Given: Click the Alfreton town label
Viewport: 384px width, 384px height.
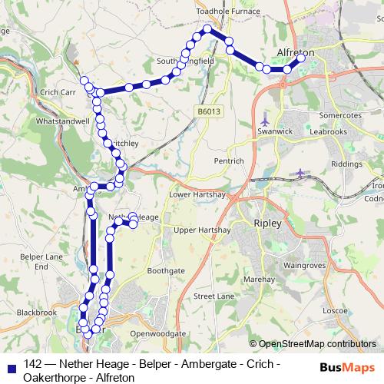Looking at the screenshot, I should point(295,53).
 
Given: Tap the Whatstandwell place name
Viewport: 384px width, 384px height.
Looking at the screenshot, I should point(62,121).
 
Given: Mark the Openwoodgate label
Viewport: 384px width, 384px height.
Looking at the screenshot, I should point(158,334).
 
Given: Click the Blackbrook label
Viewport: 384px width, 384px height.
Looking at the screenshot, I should point(37,313).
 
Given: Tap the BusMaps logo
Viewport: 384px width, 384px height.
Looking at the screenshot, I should point(347,368).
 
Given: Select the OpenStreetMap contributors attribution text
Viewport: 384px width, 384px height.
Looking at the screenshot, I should point(316,344).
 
